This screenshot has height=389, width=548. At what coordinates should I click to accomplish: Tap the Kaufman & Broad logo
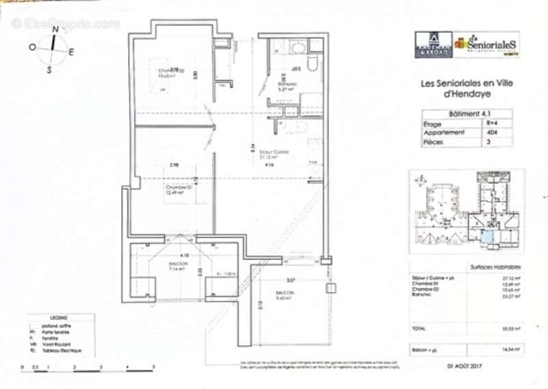click(433, 45)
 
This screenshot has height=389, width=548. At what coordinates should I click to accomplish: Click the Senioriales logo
click(487, 44)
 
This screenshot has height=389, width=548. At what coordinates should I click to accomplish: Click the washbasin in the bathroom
click(298, 49)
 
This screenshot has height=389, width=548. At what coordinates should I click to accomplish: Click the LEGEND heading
click(59, 319)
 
